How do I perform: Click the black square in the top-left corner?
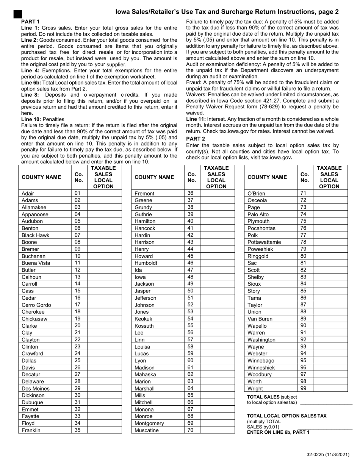click(x=17, y=14)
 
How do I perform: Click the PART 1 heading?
click(x=30, y=22)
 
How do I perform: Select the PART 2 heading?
click(x=196, y=139)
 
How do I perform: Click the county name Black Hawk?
click(x=35, y=235)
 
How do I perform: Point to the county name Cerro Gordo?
click(x=36, y=305)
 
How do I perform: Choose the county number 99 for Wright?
click(x=303, y=388)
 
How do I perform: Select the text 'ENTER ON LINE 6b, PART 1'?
click(x=278, y=432)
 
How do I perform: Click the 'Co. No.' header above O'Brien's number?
click(x=304, y=177)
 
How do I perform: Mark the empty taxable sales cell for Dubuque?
click(x=104, y=402)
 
